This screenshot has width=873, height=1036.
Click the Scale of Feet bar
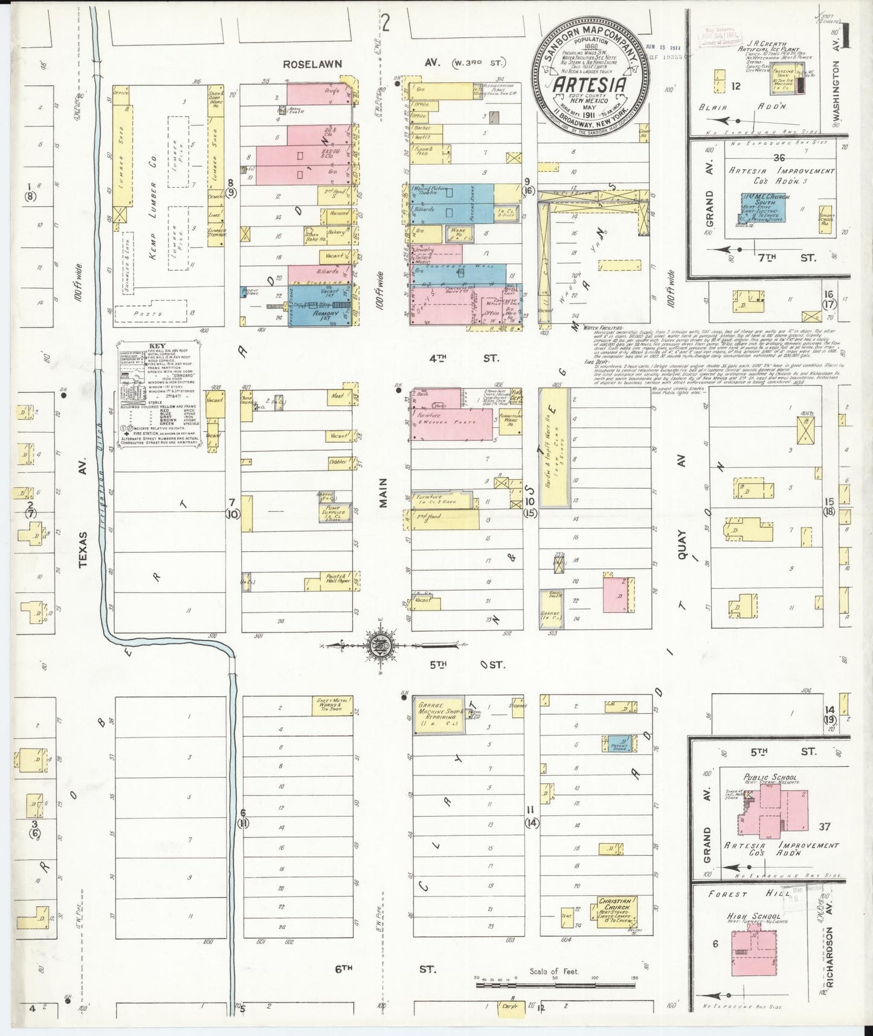556,985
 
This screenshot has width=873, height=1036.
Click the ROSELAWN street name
314,63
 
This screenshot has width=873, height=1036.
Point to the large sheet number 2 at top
385,23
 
